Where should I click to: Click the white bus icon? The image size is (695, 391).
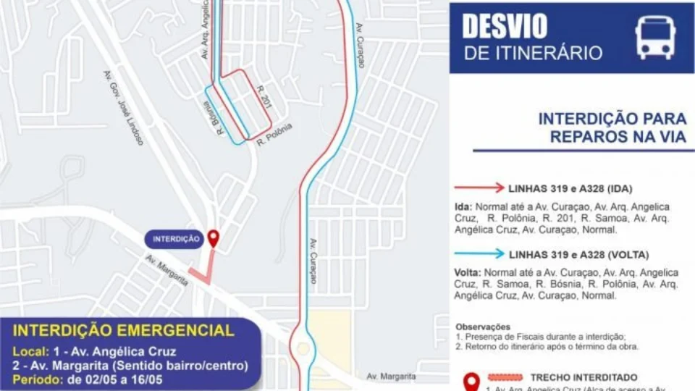[x=655, y=38]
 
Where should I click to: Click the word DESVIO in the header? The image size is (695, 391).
[x=504, y=27]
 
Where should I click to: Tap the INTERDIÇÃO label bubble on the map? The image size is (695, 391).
[x=177, y=239]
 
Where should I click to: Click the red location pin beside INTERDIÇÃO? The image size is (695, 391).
[x=213, y=238]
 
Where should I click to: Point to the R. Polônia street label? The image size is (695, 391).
[x=274, y=135]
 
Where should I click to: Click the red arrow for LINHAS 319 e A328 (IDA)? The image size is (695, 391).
[x=479, y=188]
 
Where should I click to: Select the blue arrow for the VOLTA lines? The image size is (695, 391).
[x=479, y=254]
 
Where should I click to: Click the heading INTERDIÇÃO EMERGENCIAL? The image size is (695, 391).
[x=125, y=331]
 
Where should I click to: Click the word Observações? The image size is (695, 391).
[x=483, y=327]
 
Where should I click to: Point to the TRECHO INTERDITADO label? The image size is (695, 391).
[x=584, y=377]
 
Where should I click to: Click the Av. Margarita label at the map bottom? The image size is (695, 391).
[x=391, y=377]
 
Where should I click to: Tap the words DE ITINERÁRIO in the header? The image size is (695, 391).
[x=533, y=53]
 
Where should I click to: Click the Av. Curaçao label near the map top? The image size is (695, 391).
[x=360, y=45]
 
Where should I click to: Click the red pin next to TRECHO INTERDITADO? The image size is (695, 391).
[x=471, y=381]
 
